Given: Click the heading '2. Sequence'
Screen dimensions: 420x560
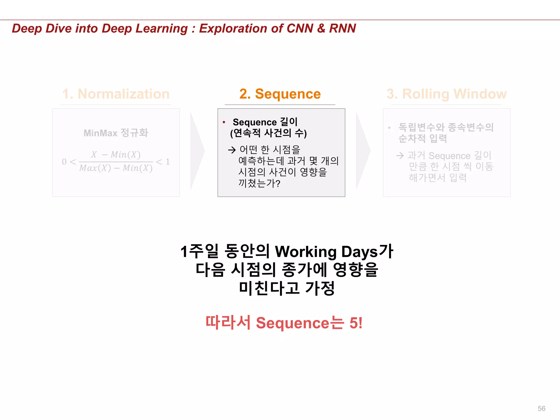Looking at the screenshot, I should [x=280, y=94].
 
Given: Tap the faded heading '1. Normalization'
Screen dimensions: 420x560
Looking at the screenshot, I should [x=116, y=94].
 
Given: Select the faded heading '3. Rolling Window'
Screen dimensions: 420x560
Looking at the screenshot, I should [x=447, y=94].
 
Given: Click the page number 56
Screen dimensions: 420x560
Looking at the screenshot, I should [x=541, y=409].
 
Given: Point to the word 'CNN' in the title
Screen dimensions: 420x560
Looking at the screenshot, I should [x=300, y=28].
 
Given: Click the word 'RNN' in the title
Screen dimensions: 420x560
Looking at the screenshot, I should [x=342, y=28].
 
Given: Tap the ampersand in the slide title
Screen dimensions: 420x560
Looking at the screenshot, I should [x=321, y=28].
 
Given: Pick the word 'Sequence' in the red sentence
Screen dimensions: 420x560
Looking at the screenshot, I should [x=293, y=323].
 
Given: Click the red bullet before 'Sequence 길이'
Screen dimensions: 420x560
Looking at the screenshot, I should [x=224, y=122].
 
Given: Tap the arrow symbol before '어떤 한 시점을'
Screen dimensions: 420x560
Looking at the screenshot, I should [x=232, y=150].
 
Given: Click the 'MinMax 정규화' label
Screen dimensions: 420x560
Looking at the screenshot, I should [x=116, y=133].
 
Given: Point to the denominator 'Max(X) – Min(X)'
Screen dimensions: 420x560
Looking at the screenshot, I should [x=116, y=168].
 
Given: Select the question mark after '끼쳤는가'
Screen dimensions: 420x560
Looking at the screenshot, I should [x=278, y=183].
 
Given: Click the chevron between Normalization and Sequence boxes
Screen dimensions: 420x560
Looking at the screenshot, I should [x=197, y=151].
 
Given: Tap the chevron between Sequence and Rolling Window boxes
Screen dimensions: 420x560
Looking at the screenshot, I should [x=363, y=151].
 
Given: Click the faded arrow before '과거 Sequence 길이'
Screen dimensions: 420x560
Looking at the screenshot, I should [x=400, y=156].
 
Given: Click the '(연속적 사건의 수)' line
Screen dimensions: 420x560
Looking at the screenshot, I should [x=269, y=133].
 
